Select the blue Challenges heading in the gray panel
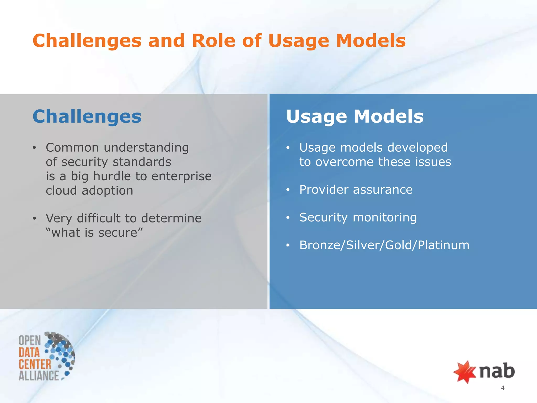pos(87,116)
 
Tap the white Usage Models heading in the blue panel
pos(355,116)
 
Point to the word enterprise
pos(181,177)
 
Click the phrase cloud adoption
pos(89,190)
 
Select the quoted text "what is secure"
pos(94,232)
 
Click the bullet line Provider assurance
pos(356,190)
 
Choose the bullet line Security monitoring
pos(358,218)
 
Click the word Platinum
pos(443,245)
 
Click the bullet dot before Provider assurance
pos(288,190)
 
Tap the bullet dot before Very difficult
pos(34,218)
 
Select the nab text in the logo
pos(497,371)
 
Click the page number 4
pos(502,388)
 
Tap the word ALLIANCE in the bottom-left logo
pos(39,375)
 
